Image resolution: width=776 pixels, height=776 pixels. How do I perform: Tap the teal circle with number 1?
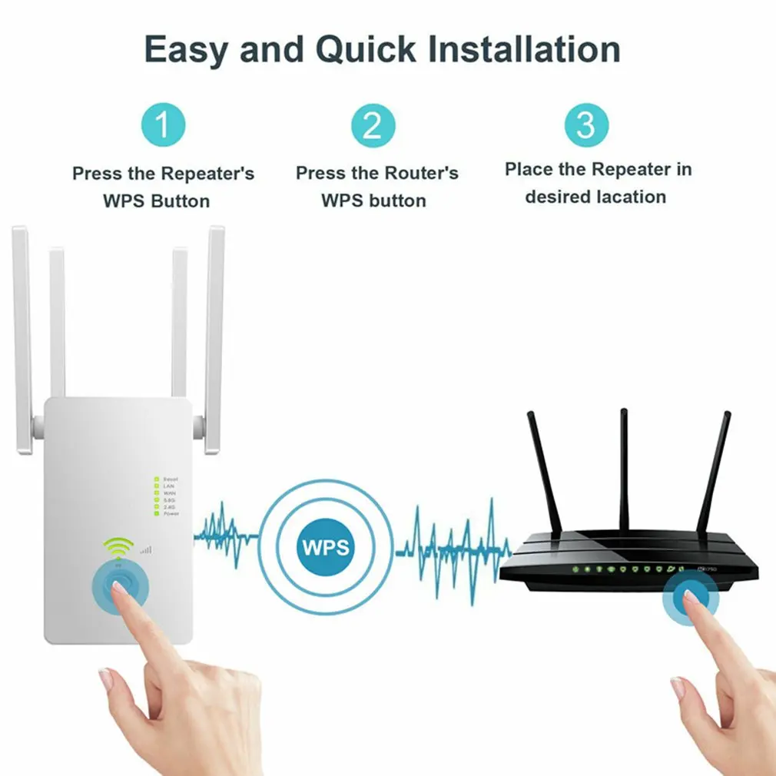coord(163,124)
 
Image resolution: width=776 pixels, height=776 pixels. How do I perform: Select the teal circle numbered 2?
coord(373,124)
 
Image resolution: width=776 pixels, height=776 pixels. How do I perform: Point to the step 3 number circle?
coord(586,124)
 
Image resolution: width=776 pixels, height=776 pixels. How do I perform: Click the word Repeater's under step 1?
coord(207,174)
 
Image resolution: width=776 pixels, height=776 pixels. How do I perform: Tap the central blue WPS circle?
coord(326,547)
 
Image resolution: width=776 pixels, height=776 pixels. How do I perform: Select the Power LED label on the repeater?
coord(171,513)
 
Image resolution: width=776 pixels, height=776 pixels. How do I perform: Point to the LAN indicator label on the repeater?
coord(169,486)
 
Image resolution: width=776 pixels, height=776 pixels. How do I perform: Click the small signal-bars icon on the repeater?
coord(145,550)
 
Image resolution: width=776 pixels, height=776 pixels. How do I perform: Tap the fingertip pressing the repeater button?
coord(117,589)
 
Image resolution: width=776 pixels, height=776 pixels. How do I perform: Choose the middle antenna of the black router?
coord(624,469)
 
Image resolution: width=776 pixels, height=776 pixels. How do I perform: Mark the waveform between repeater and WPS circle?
coord(224,530)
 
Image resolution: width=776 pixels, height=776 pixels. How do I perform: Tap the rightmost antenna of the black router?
coord(715,473)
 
